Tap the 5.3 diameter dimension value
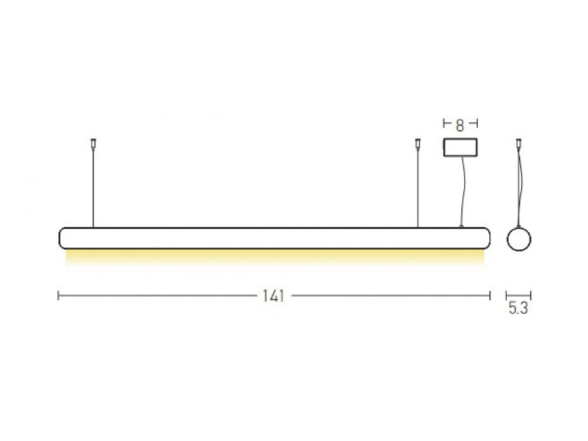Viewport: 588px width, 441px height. (x=518, y=308)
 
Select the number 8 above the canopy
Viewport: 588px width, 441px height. (x=460, y=126)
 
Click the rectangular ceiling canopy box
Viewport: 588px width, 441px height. (x=460, y=147)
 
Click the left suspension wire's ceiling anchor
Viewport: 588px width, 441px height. (x=93, y=144)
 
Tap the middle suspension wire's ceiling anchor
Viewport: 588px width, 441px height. (x=417, y=144)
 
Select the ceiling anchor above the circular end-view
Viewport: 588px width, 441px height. (x=519, y=144)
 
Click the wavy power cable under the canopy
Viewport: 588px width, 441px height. (x=463, y=191)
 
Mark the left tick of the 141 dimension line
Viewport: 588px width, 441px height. (x=58, y=295)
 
